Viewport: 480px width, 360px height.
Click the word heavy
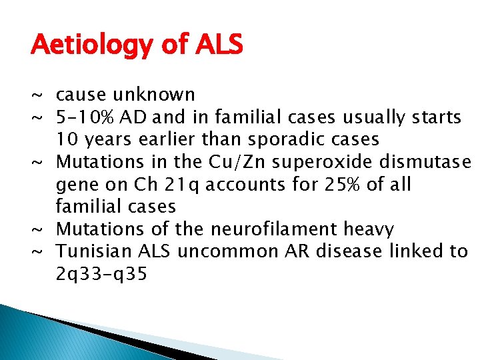(369, 230)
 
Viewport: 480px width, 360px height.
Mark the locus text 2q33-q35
(101, 275)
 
